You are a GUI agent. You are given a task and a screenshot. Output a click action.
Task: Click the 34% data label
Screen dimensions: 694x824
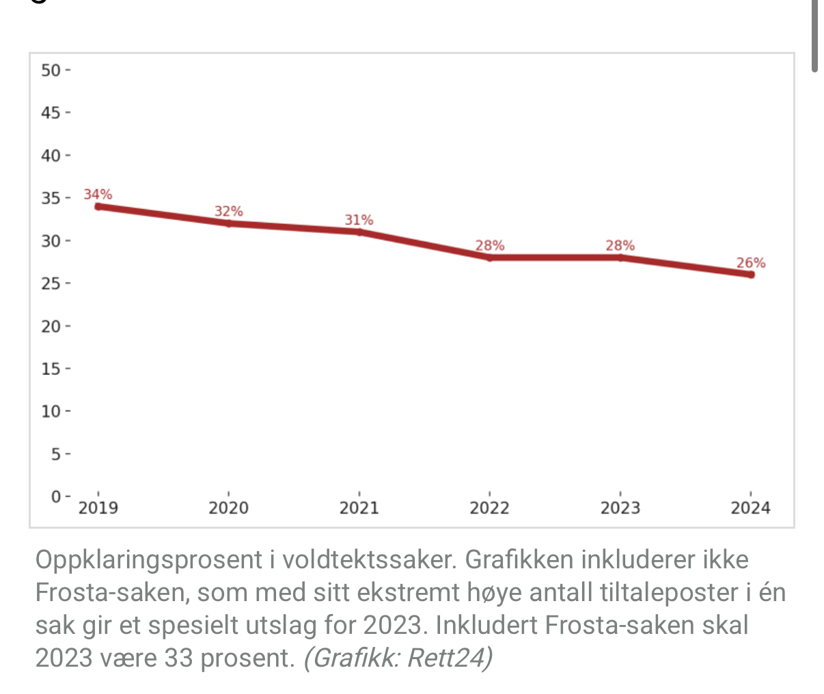click(x=98, y=195)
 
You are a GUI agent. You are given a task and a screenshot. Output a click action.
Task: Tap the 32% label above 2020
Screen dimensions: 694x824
click(x=228, y=212)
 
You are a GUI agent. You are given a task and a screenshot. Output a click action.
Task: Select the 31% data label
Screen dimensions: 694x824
click(x=359, y=220)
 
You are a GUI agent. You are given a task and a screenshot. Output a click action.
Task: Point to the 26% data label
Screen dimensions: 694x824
click(x=750, y=263)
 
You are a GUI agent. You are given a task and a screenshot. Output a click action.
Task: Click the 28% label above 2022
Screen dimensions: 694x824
click(x=489, y=246)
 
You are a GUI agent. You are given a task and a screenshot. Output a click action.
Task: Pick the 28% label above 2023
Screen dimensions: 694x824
click(x=620, y=246)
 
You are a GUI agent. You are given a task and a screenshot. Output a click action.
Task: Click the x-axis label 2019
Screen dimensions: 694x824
click(x=98, y=508)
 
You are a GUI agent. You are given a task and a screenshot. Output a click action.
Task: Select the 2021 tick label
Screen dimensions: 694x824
click(x=359, y=508)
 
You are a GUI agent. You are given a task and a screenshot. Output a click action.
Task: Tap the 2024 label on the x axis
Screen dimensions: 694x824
click(x=750, y=508)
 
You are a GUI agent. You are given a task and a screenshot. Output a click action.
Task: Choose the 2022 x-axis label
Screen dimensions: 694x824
click(x=489, y=508)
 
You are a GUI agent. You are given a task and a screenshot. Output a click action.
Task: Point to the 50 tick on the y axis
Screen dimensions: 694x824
click(x=51, y=70)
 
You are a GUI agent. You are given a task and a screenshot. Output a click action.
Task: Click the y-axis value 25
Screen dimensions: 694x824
click(x=51, y=283)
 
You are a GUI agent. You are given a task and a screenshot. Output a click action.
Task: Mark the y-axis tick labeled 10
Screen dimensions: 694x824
click(x=51, y=411)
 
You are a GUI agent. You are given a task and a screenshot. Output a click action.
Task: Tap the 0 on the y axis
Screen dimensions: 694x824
click(x=56, y=497)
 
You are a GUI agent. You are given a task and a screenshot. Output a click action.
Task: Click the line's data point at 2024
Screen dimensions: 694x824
click(x=750, y=275)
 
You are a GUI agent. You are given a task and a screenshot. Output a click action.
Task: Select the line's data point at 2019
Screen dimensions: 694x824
click(x=98, y=206)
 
